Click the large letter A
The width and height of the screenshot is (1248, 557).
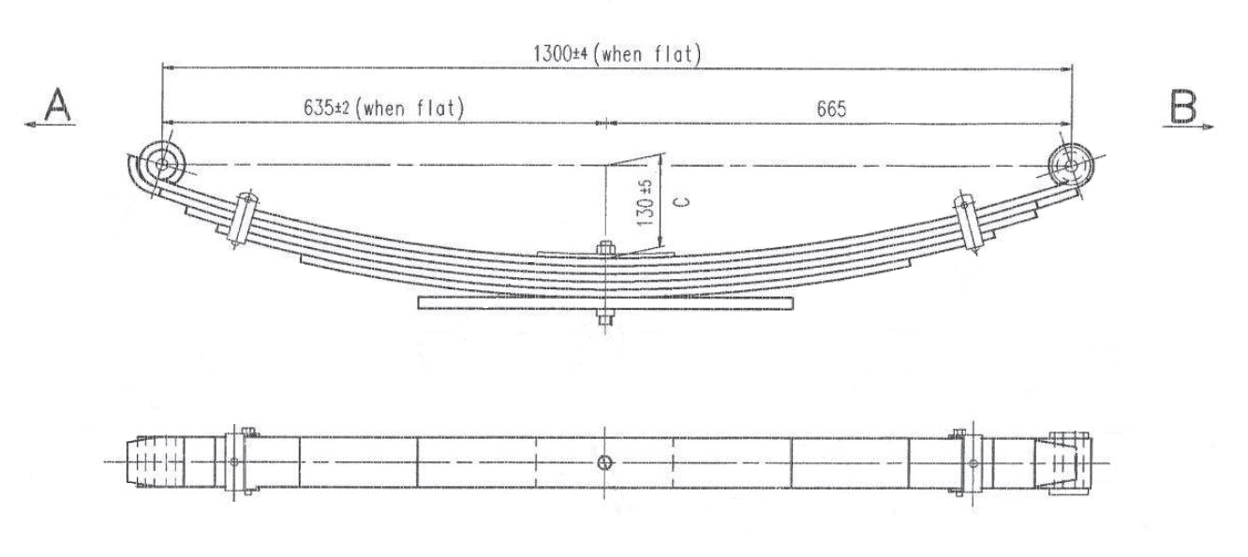57,104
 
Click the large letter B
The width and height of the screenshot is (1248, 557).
1183,107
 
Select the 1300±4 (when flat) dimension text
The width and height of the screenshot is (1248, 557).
617,54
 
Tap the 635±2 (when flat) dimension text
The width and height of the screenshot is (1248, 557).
383,107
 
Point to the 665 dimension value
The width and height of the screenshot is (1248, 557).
831,109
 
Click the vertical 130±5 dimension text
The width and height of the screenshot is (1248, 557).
645,203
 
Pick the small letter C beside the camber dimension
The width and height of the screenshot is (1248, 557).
684,201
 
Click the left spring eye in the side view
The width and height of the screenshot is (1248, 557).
161,165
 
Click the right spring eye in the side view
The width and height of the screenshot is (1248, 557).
1070,166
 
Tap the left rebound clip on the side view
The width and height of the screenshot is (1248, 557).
244,219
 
